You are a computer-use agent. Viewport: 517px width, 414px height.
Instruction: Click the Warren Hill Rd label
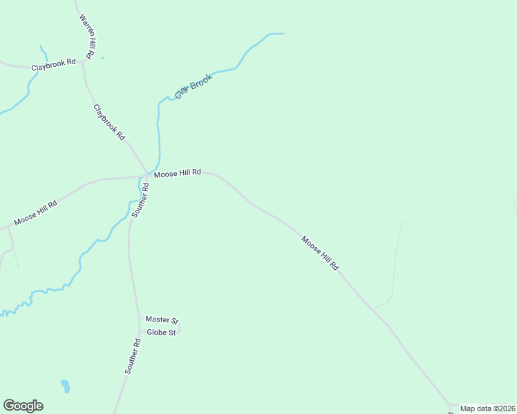[x=87, y=36]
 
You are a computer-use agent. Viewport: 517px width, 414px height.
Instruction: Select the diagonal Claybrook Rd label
[x=109, y=121]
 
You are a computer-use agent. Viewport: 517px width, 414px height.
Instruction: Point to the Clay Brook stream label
[x=193, y=86]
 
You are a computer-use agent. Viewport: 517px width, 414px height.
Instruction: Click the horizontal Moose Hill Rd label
[x=177, y=173]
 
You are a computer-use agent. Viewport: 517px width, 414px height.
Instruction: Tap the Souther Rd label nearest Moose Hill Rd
[x=140, y=200]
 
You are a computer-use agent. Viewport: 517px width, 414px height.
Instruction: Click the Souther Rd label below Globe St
[x=133, y=357]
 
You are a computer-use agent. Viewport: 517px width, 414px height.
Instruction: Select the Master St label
[x=162, y=320]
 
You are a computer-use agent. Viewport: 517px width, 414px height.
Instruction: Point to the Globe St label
[x=161, y=331]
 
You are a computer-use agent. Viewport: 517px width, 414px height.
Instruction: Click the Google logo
[x=23, y=406]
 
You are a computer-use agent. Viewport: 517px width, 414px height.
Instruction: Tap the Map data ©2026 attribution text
[x=487, y=408]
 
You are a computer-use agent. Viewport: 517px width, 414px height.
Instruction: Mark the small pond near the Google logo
[x=65, y=386]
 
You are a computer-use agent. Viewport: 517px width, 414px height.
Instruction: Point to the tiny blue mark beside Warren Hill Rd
[x=102, y=58]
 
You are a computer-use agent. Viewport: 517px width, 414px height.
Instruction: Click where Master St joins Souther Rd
[x=140, y=319]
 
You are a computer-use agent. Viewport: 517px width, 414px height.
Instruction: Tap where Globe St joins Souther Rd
[x=141, y=331]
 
